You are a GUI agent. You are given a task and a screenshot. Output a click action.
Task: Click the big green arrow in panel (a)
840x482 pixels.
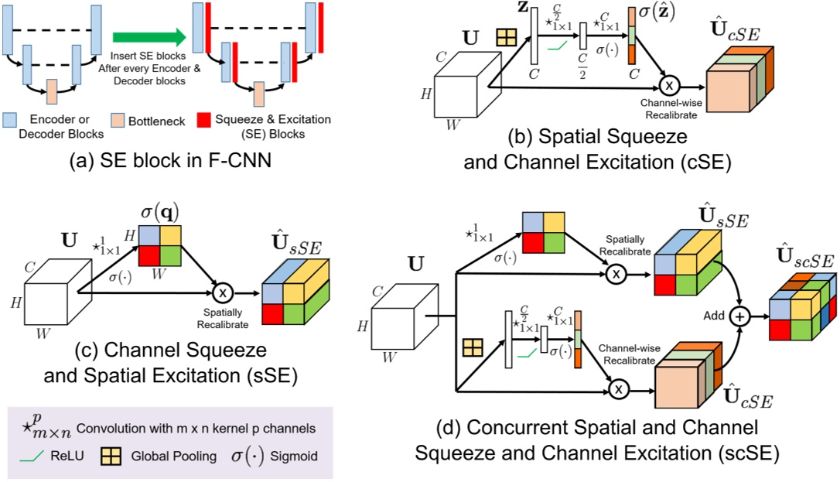147,36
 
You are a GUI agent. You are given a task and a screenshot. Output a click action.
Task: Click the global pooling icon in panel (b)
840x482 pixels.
506,37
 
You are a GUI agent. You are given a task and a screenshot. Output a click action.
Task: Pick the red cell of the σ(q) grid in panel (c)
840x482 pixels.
150,255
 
